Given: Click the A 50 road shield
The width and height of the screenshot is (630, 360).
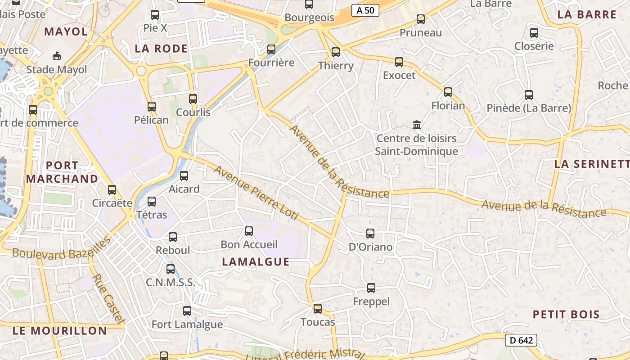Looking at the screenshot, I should pyautogui.click(x=365, y=10).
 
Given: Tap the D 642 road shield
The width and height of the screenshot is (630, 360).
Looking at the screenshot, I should pyautogui.click(x=521, y=340).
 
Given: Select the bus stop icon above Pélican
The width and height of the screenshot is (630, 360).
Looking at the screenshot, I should pyautogui.click(x=152, y=107).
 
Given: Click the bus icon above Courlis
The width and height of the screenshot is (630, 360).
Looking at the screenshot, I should pyautogui.click(x=193, y=99).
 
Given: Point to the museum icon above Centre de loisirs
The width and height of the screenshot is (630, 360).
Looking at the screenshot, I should pyautogui.click(x=417, y=125).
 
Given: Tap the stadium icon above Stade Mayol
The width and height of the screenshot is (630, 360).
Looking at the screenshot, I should pyautogui.click(x=57, y=56).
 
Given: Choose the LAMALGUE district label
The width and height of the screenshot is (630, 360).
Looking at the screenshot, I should pyautogui.click(x=256, y=262).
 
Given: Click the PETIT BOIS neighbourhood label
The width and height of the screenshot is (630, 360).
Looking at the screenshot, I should pyautogui.click(x=566, y=314).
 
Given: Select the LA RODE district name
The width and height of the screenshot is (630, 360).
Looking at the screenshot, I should pyautogui.click(x=161, y=49).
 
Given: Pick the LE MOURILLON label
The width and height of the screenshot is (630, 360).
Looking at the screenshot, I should pyautogui.click(x=60, y=331).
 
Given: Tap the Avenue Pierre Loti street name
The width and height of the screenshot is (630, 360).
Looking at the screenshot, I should pyautogui.click(x=256, y=193).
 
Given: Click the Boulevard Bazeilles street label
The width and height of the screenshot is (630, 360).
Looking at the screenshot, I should pyautogui.click(x=61, y=249).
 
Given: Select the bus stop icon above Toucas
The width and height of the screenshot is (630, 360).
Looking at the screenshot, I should pyautogui.click(x=318, y=309).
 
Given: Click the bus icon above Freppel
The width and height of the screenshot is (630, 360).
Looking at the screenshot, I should pyautogui.click(x=371, y=288).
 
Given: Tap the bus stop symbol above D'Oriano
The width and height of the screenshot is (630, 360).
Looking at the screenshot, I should pyautogui.click(x=370, y=234).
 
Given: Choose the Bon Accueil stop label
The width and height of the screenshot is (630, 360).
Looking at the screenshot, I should pyautogui.click(x=249, y=244).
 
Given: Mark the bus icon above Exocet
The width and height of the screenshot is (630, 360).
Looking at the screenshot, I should pyautogui.click(x=399, y=62).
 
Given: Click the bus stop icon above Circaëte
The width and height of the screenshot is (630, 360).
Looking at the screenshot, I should pyautogui.click(x=112, y=190).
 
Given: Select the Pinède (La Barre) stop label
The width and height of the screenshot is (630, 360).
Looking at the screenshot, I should pyautogui.click(x=529, y=108).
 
